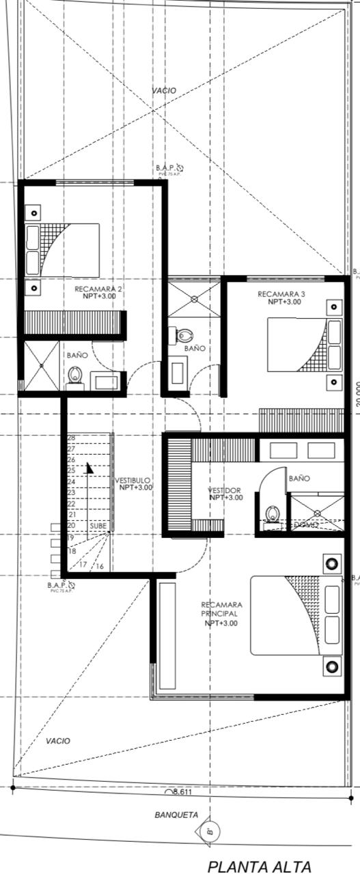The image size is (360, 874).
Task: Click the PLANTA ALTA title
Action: point(259,866)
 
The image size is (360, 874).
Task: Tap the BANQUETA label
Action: point(176,815)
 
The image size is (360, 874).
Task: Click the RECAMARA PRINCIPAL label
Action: point(221,613)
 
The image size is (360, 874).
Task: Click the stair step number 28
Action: point(71,438)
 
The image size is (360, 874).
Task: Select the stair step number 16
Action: point(99,566)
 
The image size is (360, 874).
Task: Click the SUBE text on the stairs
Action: point(97,526)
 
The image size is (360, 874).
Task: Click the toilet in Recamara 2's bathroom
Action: point(75,376)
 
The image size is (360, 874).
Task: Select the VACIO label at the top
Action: point(164,90)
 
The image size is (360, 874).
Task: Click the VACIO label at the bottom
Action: point(57,741)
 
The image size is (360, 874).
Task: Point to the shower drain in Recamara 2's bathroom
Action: point(41,365)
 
